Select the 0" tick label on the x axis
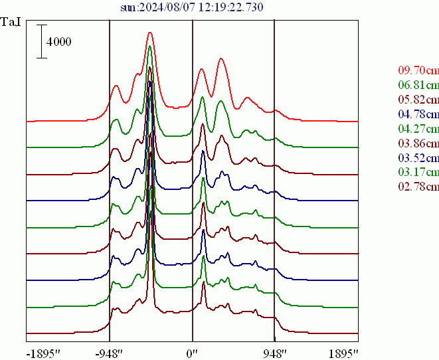(192, 352)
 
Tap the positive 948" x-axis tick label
(274, 352)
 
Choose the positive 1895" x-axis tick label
(343, 352)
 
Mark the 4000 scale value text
(58, 42)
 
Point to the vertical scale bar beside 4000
(42, 41)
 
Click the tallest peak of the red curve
(150, 32)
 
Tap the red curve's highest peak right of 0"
(221, 58)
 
